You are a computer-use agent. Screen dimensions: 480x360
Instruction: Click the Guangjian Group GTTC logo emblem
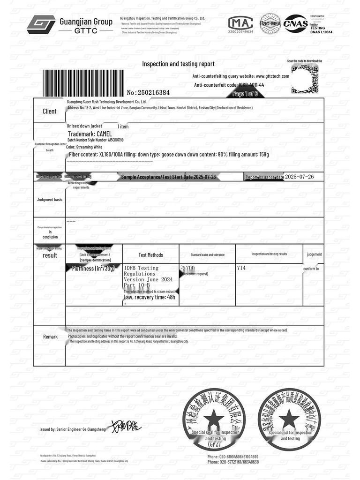coord(41,24)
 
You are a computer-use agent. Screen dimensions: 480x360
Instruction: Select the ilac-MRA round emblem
coord(270,23)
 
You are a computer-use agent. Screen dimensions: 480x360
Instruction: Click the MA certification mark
coord(240,22)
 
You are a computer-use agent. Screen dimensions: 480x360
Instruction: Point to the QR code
coord(305,79)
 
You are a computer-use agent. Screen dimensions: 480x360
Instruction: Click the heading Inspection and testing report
coord(178,64)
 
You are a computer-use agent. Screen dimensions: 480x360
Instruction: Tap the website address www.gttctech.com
coord(272,76)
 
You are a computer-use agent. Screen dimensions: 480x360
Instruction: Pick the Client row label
coord(49,112)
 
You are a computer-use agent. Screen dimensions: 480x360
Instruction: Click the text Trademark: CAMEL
coord(90,134)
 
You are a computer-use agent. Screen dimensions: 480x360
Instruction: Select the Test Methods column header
coord(151,255)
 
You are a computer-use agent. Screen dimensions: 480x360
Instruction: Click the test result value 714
coord(241,268)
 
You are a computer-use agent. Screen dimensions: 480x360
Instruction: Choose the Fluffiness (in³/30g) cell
coord(94,269)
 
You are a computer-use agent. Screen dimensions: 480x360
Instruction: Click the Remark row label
coord(50,337)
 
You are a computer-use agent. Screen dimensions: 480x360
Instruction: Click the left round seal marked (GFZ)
coord(214,417)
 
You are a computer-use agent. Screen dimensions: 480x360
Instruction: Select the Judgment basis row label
coord(49,200)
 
